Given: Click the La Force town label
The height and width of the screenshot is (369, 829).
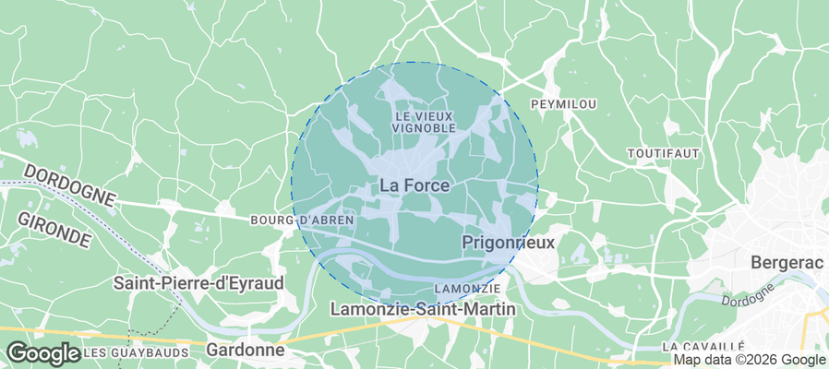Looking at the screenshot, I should pos(414,185).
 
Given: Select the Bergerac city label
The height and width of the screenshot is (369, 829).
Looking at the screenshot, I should pos(787,261).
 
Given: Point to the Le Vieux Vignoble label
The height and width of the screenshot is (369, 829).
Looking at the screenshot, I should pos(425,122).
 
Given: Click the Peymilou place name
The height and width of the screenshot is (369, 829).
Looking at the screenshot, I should pos(563,104).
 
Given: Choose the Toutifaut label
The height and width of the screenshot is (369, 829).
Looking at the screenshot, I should pos(663,152).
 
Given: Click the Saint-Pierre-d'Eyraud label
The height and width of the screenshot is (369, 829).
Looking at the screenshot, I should pos(198,283).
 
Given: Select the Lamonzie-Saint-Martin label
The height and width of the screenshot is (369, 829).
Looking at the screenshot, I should pos(423,309).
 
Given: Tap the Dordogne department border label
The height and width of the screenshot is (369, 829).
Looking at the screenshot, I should pos(69,185).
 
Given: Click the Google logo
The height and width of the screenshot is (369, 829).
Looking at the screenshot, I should pos(42,352).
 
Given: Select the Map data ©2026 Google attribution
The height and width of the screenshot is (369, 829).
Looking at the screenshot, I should pos(749,360).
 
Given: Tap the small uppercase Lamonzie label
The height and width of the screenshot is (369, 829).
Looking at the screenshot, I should pos(466,290).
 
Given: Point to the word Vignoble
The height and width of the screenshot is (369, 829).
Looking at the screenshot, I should pos(425,128).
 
